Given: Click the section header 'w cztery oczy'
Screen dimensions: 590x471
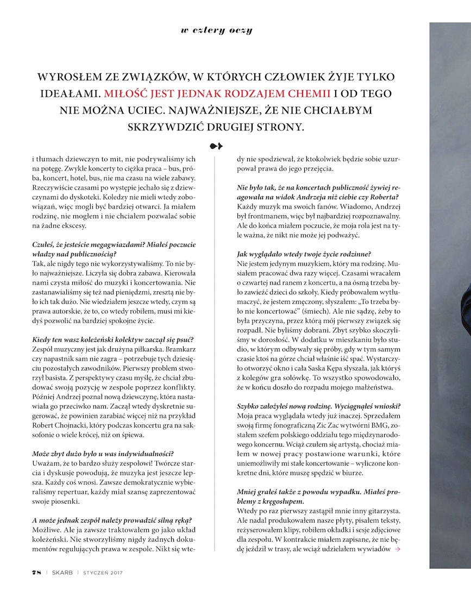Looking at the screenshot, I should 216,30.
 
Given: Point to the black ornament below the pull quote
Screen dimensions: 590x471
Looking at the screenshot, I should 216,146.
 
